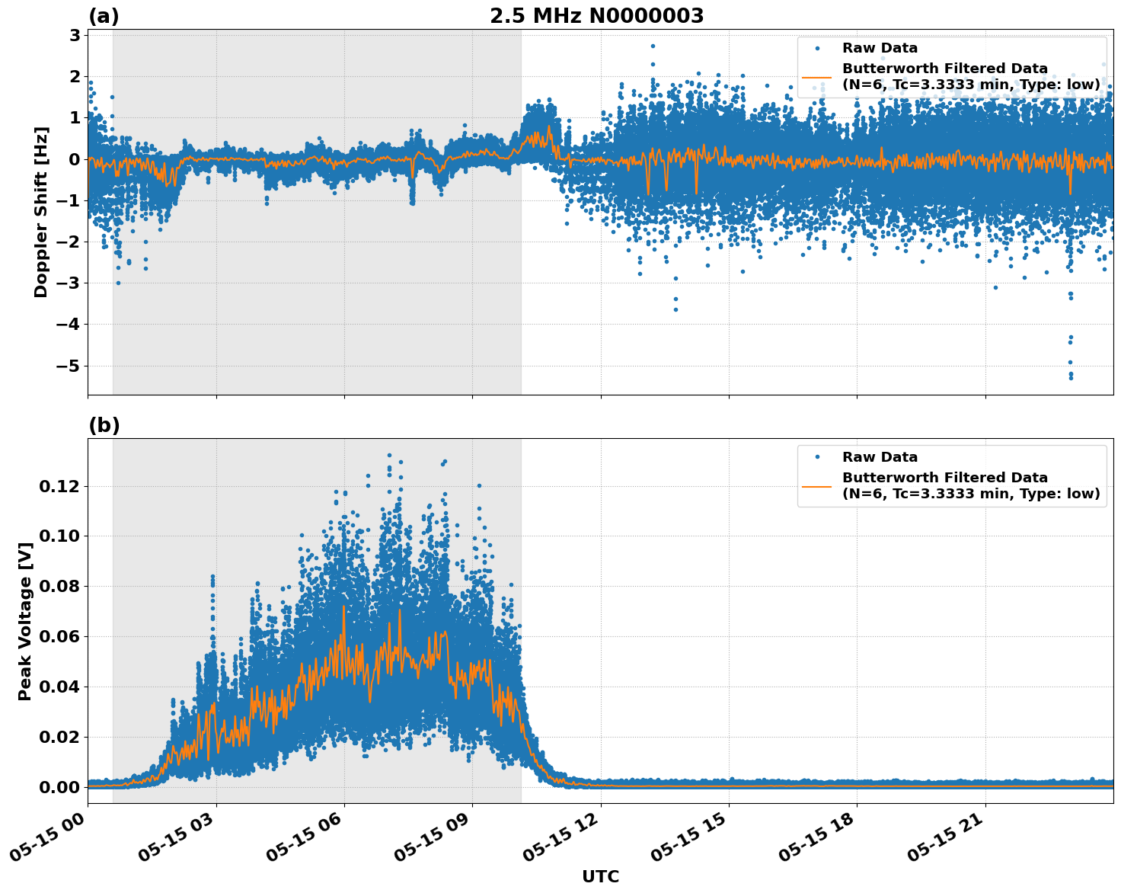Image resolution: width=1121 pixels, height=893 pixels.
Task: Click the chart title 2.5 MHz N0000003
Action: pyautogui.click(x=596, y=16)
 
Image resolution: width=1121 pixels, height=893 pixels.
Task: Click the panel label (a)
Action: pyautogui.click(x=104, y=16)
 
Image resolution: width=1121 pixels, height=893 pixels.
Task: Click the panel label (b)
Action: pyautogui.click(x=104, y=425)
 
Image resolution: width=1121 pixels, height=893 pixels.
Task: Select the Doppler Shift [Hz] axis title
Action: pyautogui.click(x=41, y=212)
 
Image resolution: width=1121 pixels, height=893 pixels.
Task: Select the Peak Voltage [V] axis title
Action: pyautogui.click(x=25, y=621)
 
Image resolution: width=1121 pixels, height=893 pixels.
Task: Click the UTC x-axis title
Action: pyautogui.click(x=600, y=876)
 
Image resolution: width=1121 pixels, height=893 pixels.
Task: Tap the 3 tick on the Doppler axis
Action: pyautogui.click(x=75, y=35)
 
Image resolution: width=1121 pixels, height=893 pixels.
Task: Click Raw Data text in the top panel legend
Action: pyautogui.click(x=880, y=48)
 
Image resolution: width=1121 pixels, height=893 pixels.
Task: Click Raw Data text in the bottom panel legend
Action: pyautogui.click(x=880, y=457)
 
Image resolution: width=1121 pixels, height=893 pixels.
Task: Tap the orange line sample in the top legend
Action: pyautogui.click(x=817, y=77)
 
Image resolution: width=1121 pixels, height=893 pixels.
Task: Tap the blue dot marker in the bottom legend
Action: pyautogui.click(x=817, y=457)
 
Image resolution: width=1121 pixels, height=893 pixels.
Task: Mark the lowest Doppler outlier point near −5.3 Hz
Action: pyautogui.click(x=1071, y=377)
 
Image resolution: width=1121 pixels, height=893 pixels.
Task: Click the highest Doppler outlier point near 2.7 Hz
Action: pyautogui.click(x=653, y=46)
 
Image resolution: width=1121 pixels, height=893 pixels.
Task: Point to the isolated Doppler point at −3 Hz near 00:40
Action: pyautogui.click(x=118, y=283)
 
